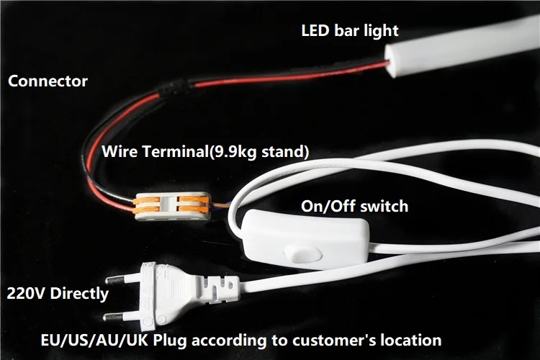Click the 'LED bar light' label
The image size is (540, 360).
[349, 31]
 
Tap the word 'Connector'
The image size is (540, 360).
[48, 81]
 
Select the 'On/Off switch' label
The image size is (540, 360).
[354, 207]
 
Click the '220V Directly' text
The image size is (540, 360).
[58, 294]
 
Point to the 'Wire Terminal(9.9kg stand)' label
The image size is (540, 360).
[205, 152]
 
